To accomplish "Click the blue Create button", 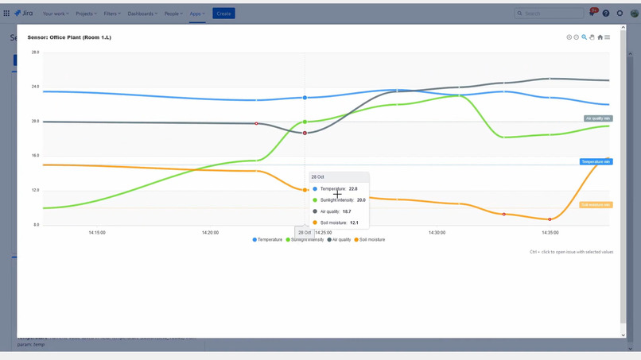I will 223,14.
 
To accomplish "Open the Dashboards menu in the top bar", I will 143,14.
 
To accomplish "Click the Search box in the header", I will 549,14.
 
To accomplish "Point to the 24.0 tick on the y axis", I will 35,87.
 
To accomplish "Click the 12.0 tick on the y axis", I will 35,191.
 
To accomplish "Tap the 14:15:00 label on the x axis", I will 97,233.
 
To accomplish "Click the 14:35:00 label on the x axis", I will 550,233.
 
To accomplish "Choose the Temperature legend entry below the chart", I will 267,239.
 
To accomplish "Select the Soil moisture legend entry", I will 370,239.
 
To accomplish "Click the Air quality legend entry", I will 340,239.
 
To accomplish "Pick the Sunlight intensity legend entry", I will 305,239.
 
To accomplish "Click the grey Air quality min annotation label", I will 598,118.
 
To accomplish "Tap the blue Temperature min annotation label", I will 595,161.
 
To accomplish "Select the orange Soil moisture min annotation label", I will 595,204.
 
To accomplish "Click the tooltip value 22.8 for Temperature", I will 353,189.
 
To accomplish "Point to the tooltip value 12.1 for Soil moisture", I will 354,223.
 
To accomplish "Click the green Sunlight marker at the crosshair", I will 305,122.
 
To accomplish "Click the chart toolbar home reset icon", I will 600,37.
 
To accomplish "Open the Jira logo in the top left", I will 23,14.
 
